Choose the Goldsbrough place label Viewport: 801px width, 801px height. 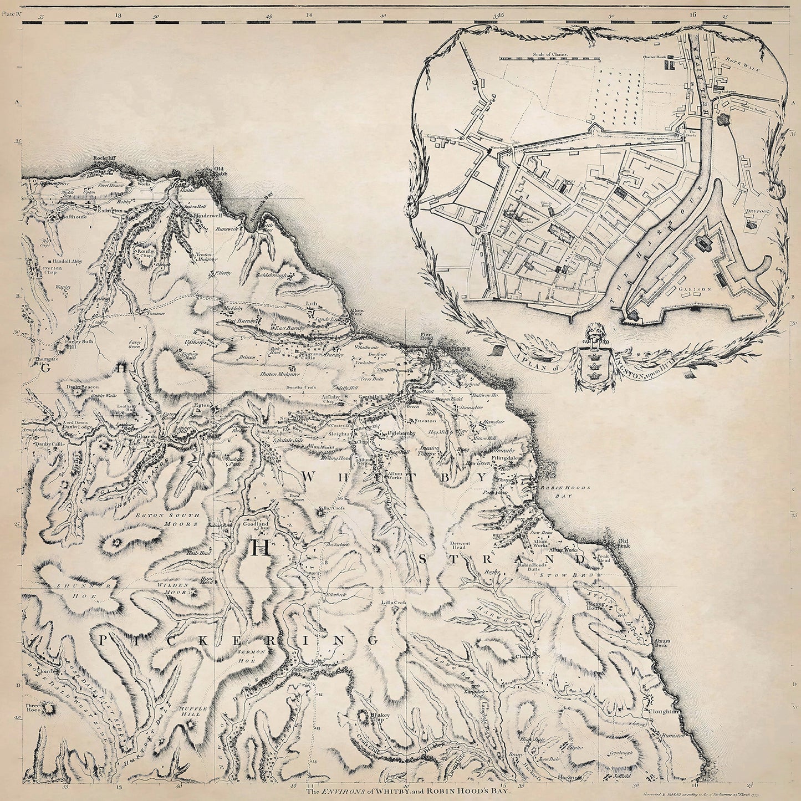270,275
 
